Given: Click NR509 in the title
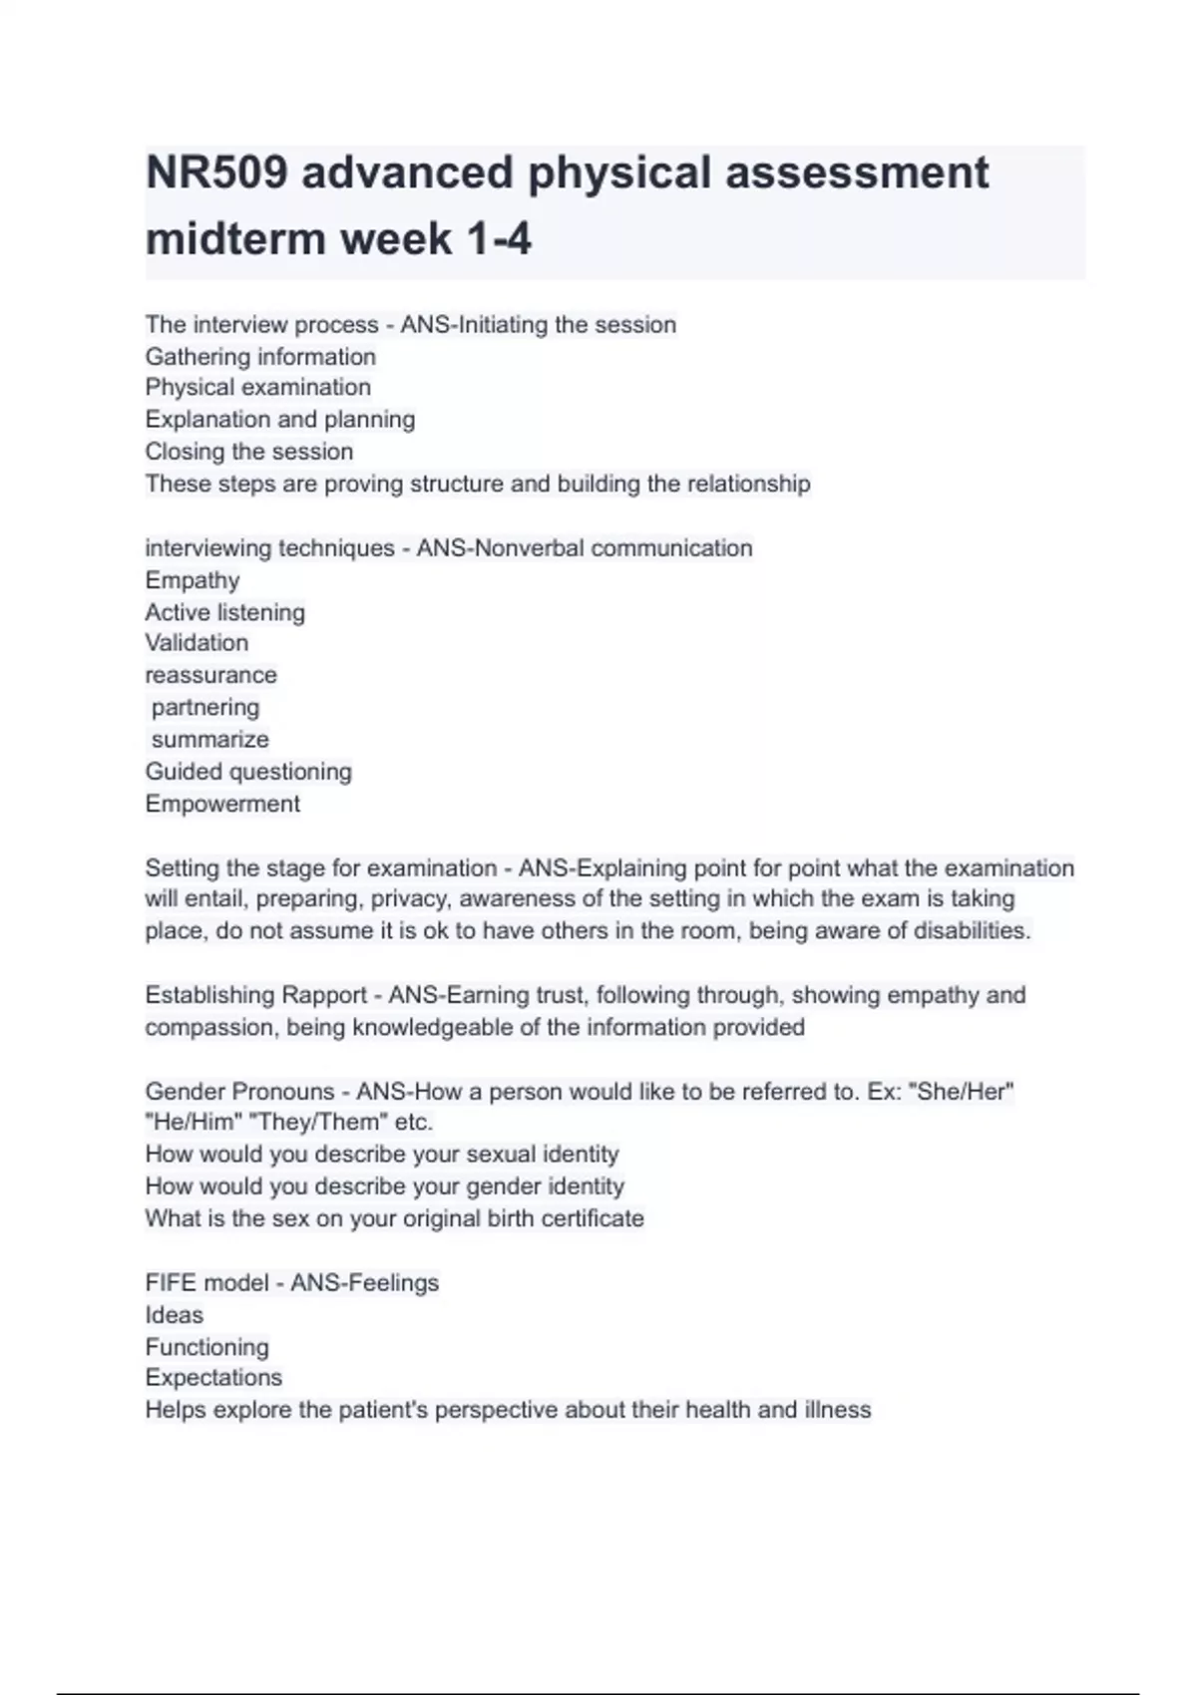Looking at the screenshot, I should point(216,173).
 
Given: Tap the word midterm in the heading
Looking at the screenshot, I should point(234,239).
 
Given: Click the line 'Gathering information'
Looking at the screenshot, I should point(260,357).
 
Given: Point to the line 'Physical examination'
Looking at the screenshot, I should point(257,388).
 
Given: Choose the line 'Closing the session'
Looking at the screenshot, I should point(248,452).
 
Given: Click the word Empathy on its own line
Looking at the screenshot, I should point(192,580).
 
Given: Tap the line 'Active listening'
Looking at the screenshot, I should point(224,612).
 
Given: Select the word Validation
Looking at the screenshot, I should point(197,643).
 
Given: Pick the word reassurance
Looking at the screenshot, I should point(210,675).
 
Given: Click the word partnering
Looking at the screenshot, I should point(205,708).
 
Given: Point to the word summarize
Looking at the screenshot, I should point(209,740).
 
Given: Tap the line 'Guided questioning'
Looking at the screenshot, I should point(247,772).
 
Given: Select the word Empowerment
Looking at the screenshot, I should point(222,804).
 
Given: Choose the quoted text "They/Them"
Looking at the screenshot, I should point(318,1123).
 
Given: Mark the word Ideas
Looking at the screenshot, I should point(174,1315).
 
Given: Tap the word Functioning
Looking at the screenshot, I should point(206,1347).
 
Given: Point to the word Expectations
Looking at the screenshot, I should point(213,1378).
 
